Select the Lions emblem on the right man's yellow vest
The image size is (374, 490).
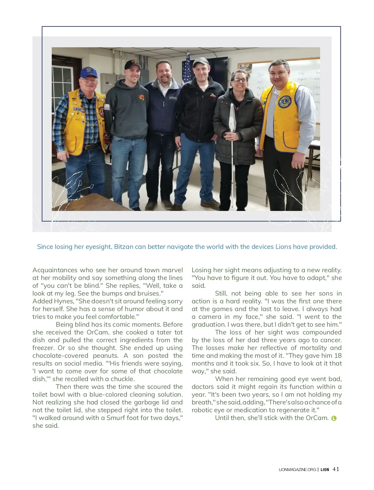pos(285,101)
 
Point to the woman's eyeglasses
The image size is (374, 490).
pos(240,80)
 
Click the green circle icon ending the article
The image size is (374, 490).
pos(334,418)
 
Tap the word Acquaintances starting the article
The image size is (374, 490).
pos(55,270)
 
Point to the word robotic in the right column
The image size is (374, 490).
pos(202,410)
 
